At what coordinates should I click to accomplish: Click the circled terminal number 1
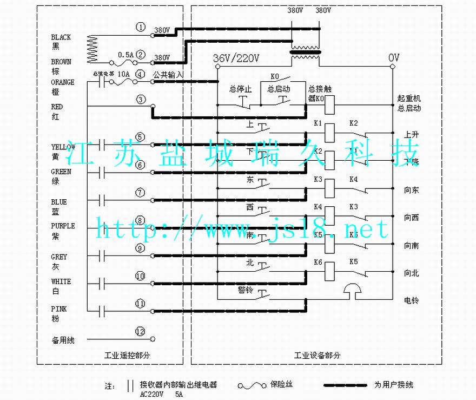[x=141, y=27]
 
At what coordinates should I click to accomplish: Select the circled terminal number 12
[x=141, y=331]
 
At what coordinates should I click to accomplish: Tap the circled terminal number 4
[x=141, y=74]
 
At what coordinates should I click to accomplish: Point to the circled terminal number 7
[x=141, y=192]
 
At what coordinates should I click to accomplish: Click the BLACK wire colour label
[x=61, y=37]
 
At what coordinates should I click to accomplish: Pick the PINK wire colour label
[x=59, y=309]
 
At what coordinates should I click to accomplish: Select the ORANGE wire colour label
[x=63, y=82]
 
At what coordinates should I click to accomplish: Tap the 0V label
[x=394, y=58]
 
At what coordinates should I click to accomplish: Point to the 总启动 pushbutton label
[x=279, y=89]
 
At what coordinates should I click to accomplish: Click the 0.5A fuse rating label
[x=125, y=55]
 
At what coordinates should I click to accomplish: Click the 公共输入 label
[x=169, y=74]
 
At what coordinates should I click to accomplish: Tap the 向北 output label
[x=411, y=273]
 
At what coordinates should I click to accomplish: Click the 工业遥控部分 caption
[x=127, y=356]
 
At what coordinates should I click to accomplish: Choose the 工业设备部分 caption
[x=318, y=356]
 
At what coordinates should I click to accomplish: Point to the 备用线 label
[x=63, y=340]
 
